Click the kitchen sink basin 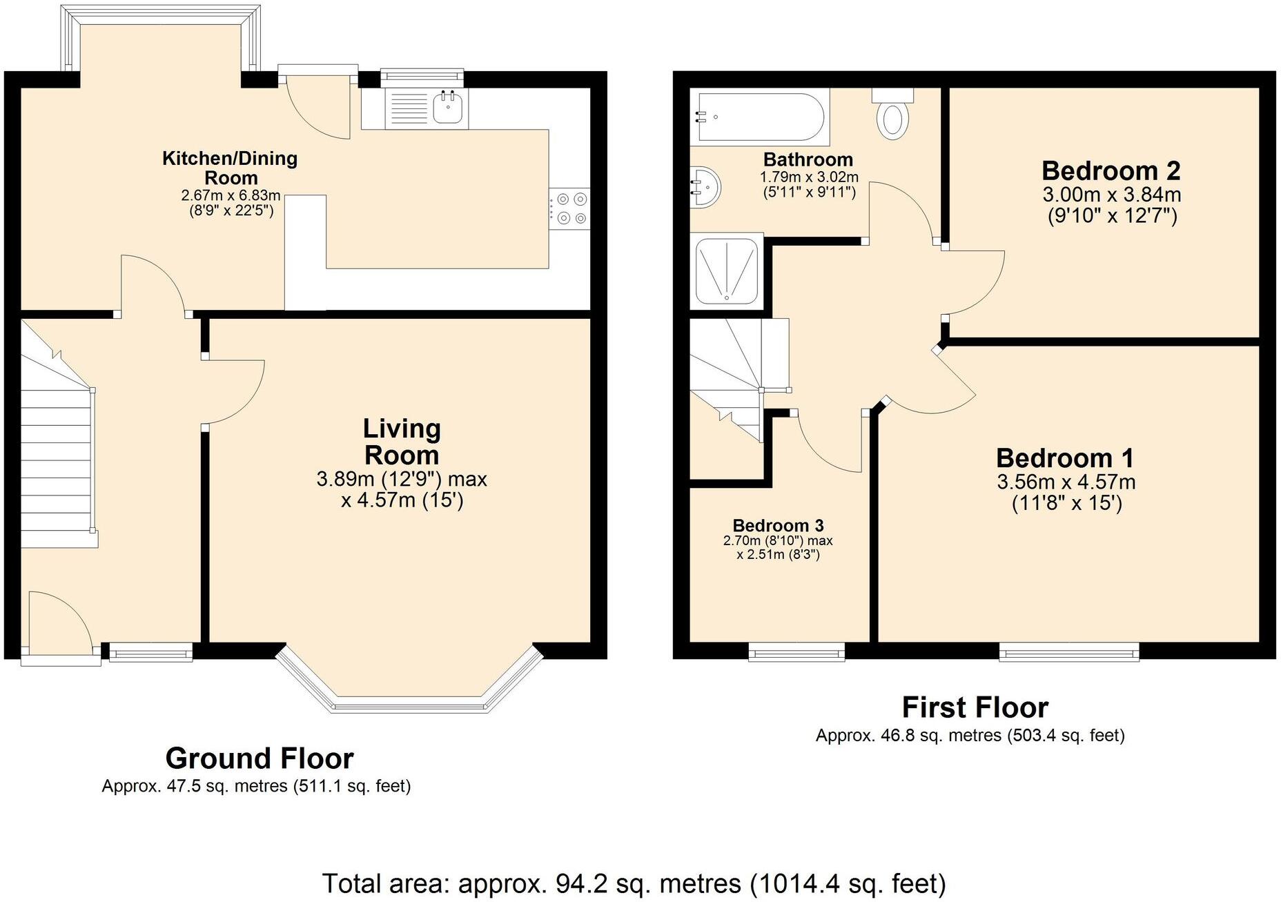click(x=448, y=107)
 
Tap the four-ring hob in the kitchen click(x=571, y=208)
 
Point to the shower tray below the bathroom click(x=727, y=271)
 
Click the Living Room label click(x=402, y=442)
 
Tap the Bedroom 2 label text click(x=1111, y=170)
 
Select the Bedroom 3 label click(x=778, y=526)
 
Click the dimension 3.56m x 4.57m click(x=1066, y=482)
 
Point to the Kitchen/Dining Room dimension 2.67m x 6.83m click(x=231, y=196)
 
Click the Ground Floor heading click(x=260, y=758)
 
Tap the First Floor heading click(x=975, y=707)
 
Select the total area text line click(x=633, y=883)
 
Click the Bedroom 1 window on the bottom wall click(x=1068, y=651)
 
